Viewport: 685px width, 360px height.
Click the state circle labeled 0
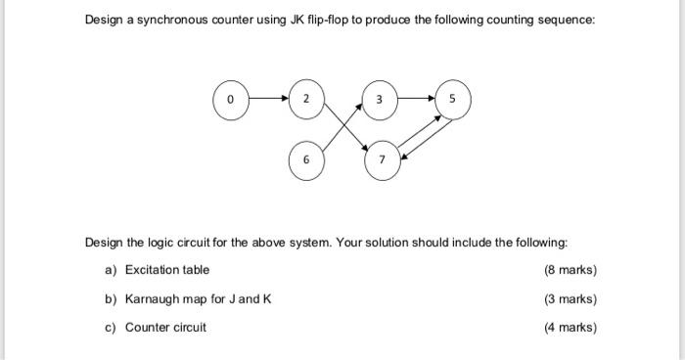tap(231, 100)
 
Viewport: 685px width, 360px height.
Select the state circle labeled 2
tap(306, 100)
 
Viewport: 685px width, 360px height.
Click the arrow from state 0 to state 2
tap(268, 100)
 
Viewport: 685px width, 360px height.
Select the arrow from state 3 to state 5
tap(415, 100)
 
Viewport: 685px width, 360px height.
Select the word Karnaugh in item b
tap(155, 299)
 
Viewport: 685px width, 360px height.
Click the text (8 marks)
tap(570, 270)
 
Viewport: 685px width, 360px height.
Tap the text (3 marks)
tap(570, 299)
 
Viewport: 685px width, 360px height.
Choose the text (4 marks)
tap(570, 328)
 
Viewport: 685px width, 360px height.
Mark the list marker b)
tap(111, 299)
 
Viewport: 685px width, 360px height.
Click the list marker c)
tap(111, 328)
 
